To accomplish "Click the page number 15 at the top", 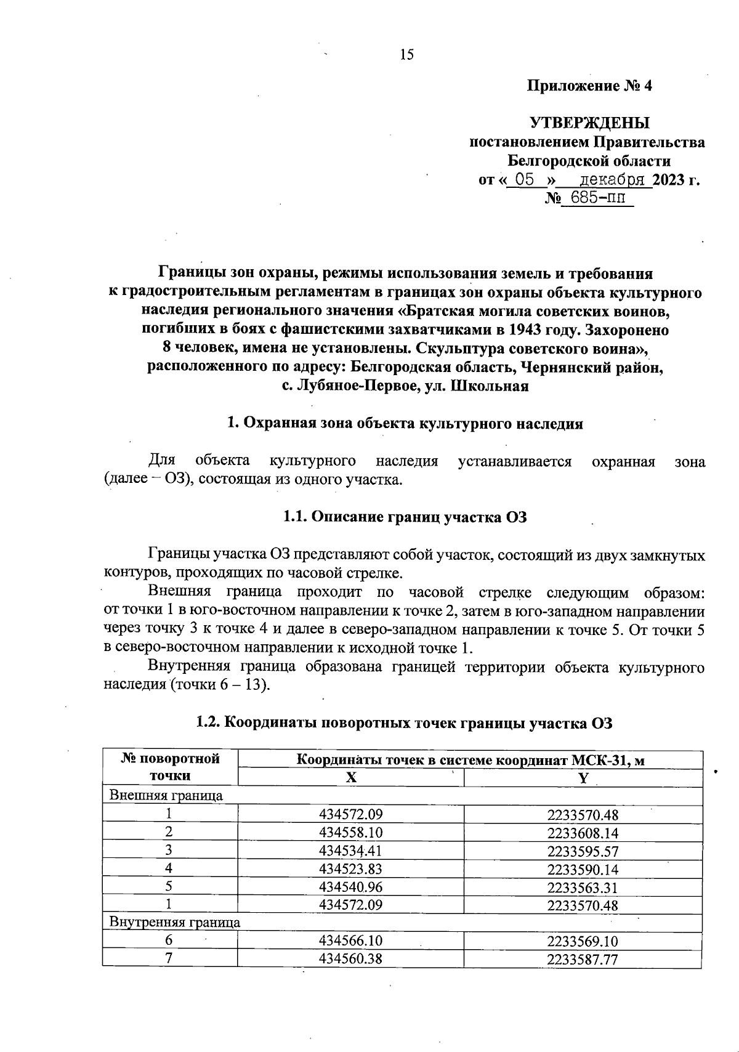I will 407,55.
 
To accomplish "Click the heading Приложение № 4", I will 589,86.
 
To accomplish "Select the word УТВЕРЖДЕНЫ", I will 589,123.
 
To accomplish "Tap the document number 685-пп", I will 597,198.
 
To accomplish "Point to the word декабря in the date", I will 613,180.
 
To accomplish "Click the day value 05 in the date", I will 524,180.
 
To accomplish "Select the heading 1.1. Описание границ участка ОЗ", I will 405,517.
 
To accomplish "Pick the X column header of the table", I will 350,778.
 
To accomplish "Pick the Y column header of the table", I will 583,778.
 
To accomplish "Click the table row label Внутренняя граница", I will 174,923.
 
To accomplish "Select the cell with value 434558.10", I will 351,833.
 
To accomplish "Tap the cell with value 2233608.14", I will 582,833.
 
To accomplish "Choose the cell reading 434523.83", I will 351,869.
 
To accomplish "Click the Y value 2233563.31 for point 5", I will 582,888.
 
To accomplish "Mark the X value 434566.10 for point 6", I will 351,941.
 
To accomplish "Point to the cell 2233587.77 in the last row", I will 582,960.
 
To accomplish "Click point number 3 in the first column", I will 169,851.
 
